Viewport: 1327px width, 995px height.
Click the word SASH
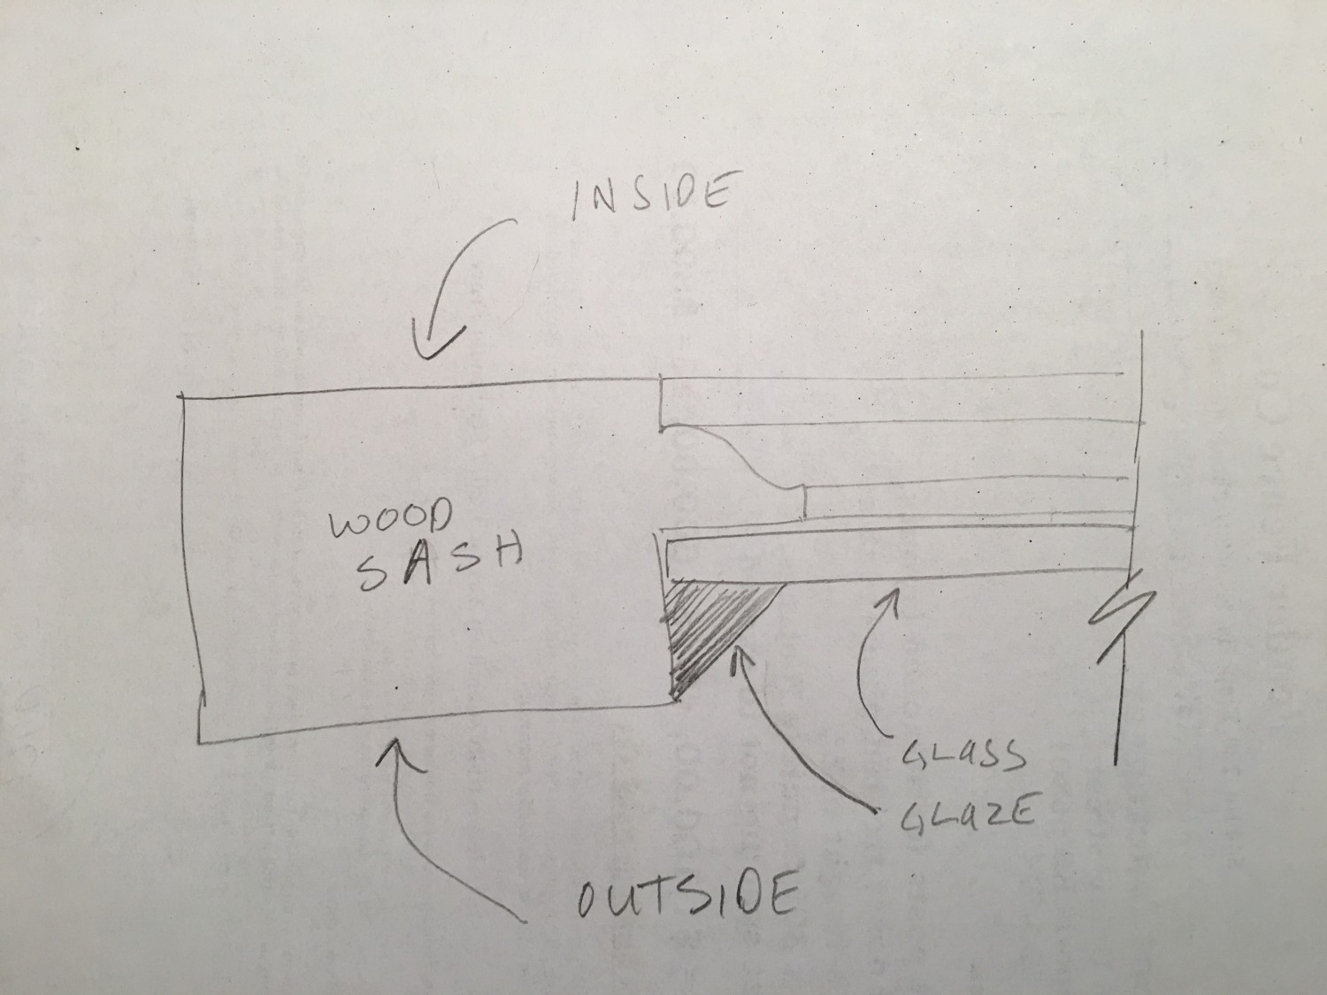click(437, 563)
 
